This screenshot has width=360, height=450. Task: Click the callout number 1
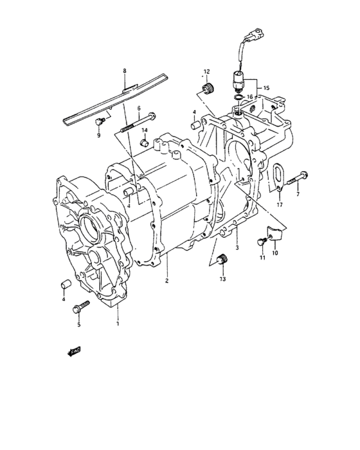[118, 316]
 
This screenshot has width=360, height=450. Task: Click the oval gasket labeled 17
[277, 176]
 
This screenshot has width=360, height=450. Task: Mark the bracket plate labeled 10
[274, 237]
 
